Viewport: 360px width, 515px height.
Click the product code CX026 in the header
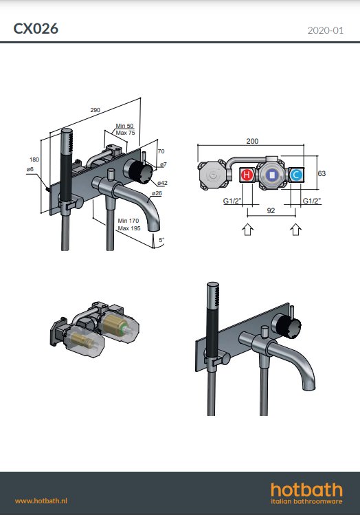(x=36, y=29)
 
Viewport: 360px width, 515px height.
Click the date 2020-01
(x=325, y=30)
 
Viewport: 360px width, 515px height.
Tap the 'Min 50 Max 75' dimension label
(x=124, y=129)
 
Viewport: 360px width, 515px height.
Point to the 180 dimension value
(x=34, y=160)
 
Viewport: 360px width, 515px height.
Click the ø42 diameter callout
(x=163, y=184)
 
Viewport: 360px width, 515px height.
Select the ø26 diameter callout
(x=157, y=193)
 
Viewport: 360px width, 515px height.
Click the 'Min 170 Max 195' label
(x=128, y=224)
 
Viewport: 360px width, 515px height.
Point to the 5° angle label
(x=161, y=240)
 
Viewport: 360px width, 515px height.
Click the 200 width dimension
(x=252, y=141)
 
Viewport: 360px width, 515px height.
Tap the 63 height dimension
(x=322, y=174)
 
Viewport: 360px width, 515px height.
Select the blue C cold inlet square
(x=296, y=175)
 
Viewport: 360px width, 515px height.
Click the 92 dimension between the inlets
(x=271, y=212)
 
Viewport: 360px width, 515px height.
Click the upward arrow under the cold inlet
(x=295, y=229)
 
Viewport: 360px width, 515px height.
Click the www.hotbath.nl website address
(x=45, y=501)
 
